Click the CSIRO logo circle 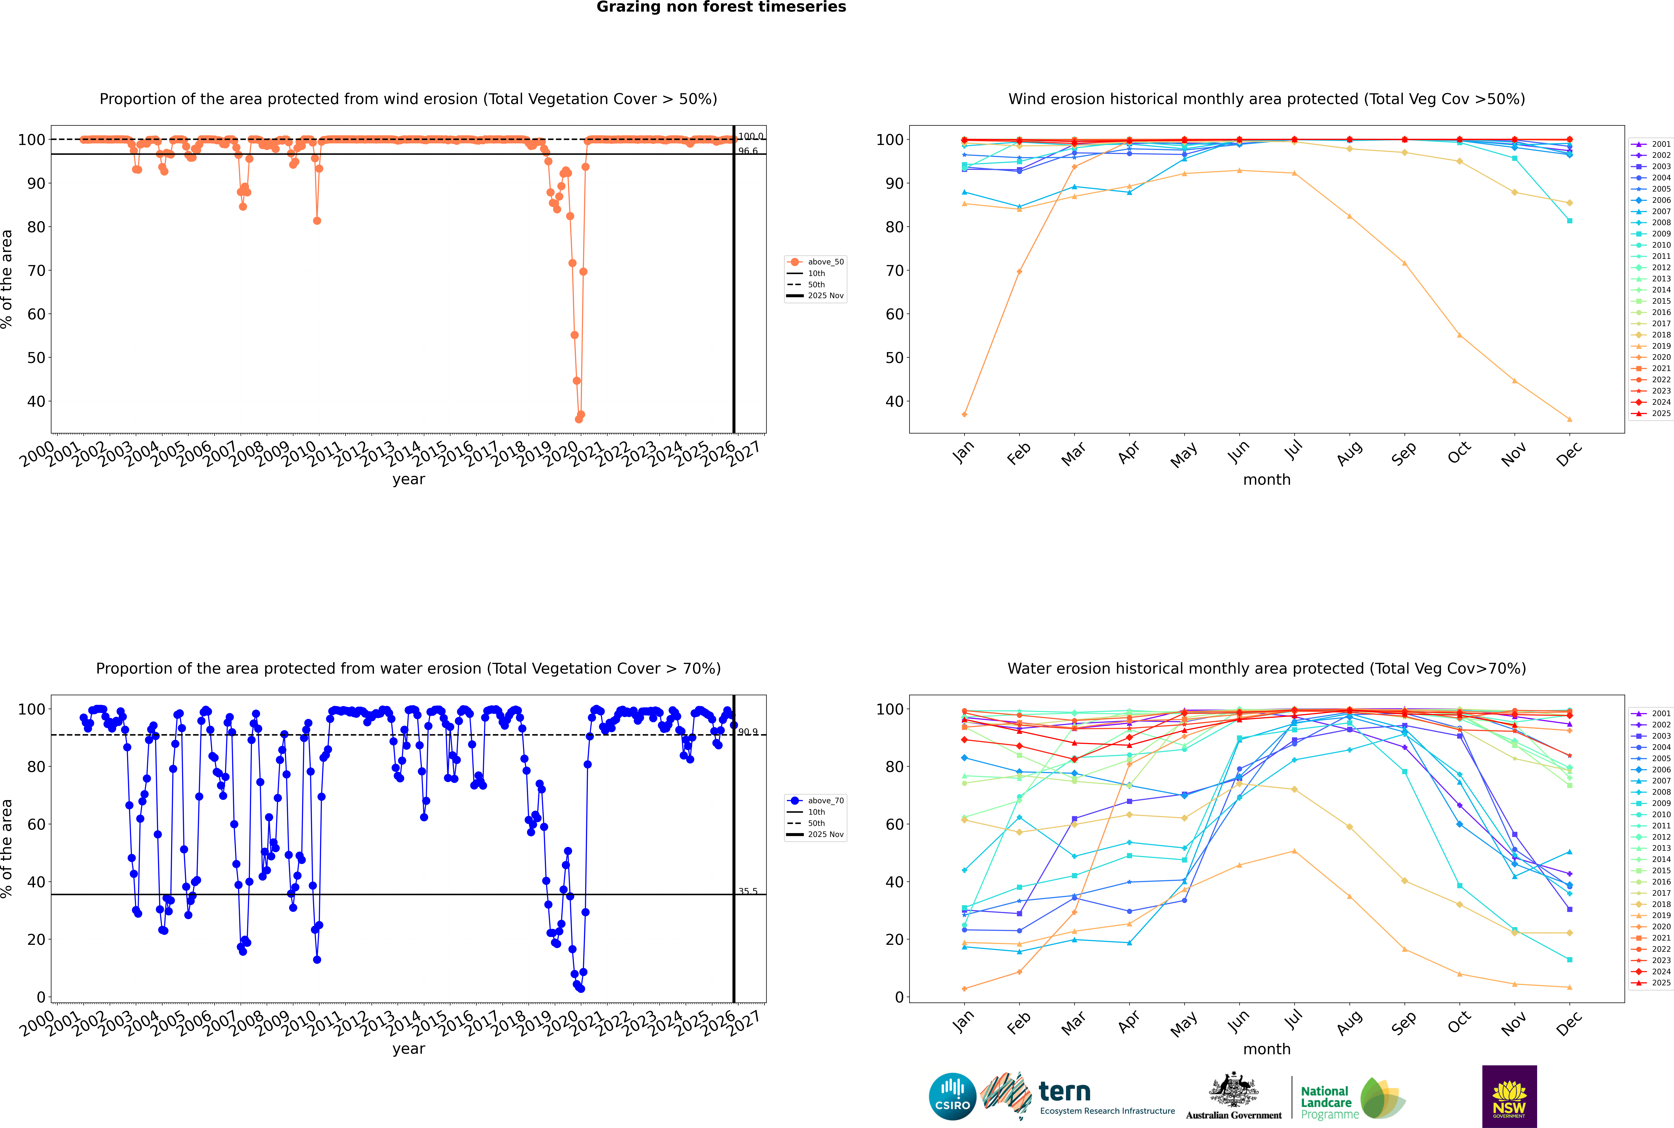pyautogui.click(x=952, y=1096)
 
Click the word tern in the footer pyautogui.click(x=1064, y=1092)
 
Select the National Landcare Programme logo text pyautogui.click(x=1326, y=1102)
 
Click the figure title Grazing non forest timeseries pyautogui.click(x=721, y=7)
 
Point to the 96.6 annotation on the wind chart pyautogui.click(x=748, y=151)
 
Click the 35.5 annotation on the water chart pyautogui.click(x=748, y=891)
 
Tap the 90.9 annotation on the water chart pyautogui.click(x=748, y=732)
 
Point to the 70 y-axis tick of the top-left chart pyautogui.click(x=36, y=270)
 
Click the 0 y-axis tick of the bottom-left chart pyautogui.click(x=41, y=997)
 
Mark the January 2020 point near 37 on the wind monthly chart pyautogui.click(x=964, y=414)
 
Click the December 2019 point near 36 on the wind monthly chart pyautogui.click(x=1570, y=419)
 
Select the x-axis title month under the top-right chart pyautogui.click(x=1267, y=480)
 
